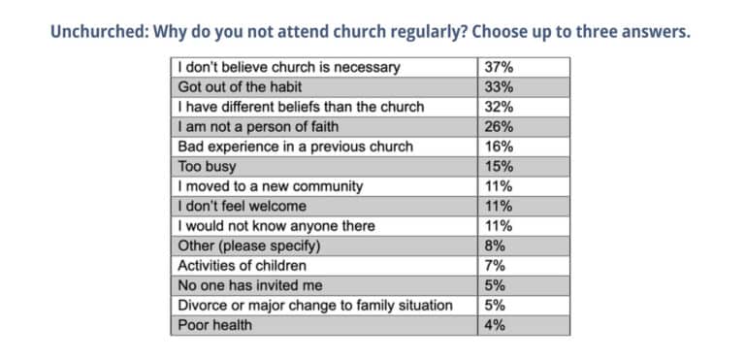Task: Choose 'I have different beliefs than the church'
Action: tap(301, 107)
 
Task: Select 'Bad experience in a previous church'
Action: tap(295, 147)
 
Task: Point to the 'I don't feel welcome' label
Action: tap(242, 206)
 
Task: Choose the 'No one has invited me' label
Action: tap(251, 285)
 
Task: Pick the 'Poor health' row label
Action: tap(214, 325)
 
